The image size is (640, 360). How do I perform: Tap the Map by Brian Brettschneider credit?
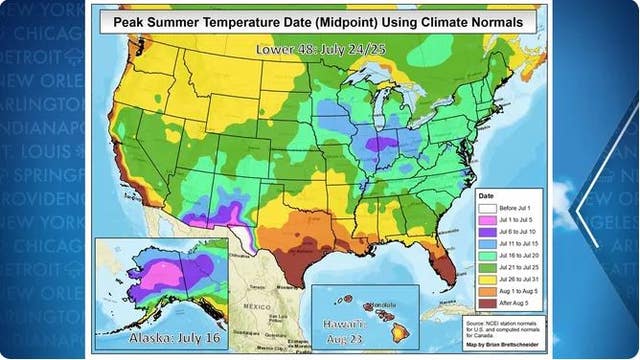pos(506,345)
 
